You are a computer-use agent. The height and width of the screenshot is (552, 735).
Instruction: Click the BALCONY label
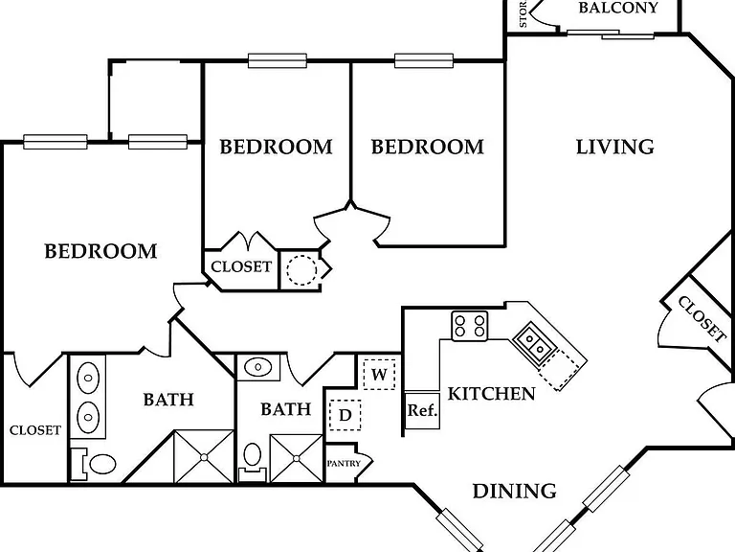[618, 8]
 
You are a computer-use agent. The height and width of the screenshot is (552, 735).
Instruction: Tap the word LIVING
[615, 147]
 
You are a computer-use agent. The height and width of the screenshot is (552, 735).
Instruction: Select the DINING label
[514, 491]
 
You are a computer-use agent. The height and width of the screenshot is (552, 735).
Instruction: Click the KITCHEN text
[491, 393]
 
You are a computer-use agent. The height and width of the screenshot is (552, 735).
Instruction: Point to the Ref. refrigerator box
[422, 410]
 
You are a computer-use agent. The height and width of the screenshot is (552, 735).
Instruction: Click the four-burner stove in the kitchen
[470, 326]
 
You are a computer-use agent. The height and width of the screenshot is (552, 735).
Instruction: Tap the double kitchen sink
[534, 343]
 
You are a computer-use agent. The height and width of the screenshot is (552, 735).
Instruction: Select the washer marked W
[379, 374]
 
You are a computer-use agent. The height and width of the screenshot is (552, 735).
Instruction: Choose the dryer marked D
[345, 415]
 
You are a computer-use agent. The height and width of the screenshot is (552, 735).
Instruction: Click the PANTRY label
[344, 463]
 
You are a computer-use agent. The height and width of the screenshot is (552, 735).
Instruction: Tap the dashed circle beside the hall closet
[301, 270]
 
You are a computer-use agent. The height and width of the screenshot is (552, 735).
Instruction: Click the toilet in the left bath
[99, 464]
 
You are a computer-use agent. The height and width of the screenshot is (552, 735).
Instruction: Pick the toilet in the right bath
[253, 460]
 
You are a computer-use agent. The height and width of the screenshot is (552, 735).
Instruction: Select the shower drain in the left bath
[204, 457]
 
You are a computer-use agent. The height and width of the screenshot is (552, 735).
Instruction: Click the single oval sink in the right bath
[257, 367]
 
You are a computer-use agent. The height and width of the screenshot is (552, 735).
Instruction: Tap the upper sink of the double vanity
[88, 378]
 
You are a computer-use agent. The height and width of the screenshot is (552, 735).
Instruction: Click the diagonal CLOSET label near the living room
[702, 318]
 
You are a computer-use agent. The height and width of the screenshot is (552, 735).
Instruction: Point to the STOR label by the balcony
[523, 13]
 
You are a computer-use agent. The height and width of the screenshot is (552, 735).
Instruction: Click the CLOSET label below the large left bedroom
[35, 430]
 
